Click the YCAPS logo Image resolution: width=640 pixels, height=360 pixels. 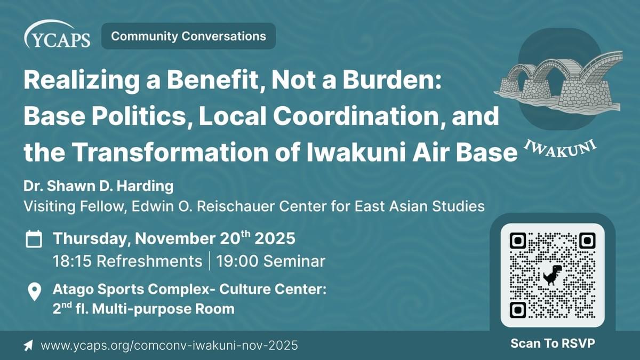tap(58, 34)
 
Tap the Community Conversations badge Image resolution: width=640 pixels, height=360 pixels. tap(189, 36)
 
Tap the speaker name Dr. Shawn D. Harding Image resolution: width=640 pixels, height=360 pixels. tap(99, 186)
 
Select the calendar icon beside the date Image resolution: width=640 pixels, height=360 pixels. tap(34, 239)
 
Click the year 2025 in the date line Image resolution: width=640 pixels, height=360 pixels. tap(275, 238)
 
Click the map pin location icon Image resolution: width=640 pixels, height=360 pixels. tap(35, 292)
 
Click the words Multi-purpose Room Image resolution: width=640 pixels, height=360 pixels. tap(163, 309)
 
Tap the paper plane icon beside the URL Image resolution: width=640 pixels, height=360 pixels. tap(28, 346)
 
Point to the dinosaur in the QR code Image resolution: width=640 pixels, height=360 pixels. tap(553, 275)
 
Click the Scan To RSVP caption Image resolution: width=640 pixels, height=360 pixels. tap(553, 343)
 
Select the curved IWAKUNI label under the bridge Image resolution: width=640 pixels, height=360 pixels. tap(560, 149)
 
